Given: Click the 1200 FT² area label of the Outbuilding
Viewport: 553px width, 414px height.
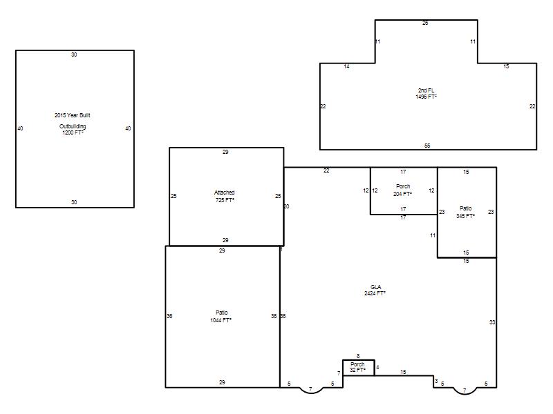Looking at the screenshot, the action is click(x=73, y=132).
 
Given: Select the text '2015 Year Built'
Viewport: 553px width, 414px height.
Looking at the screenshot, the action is click(x=73, y=115).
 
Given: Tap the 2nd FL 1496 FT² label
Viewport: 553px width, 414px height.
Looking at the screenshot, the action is click(x=426, y=93).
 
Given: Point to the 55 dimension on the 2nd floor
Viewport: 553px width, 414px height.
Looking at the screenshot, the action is click(x=427, y=146).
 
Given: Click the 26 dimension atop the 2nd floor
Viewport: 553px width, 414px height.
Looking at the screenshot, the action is click(x=425, y=23).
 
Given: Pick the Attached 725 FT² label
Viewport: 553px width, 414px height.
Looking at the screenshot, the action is click(x=224, y=196).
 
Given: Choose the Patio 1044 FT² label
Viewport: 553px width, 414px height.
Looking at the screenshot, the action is click(x=221, y=316).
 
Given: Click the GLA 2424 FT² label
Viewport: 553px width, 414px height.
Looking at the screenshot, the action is click(x=375, y=290).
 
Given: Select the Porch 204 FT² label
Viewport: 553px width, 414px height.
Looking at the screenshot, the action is click(x=403, y=190).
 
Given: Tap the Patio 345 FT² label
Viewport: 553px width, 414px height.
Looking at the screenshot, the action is click(x=465, y=212).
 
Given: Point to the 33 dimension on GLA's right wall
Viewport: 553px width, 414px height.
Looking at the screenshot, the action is click(x=492, y=322).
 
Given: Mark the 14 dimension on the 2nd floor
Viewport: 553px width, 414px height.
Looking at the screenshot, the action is click(x=346, y=66).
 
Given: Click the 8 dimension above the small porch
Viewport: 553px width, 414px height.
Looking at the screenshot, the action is click(x=358, y=356).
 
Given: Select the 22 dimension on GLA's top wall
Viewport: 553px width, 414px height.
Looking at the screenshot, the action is click(x=326, y=170).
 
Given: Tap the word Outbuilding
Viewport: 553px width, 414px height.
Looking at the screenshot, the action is click(x=73, y=126).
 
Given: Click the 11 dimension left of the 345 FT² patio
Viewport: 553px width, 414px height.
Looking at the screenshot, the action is click(x=433, y=235).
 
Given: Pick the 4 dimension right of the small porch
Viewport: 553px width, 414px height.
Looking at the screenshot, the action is click(x=377, y=367).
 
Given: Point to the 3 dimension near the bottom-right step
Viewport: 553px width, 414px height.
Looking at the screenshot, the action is click(x=436, y=381).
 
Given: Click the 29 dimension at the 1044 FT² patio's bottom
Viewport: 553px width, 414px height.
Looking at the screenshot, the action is click(x=222, y=382).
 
